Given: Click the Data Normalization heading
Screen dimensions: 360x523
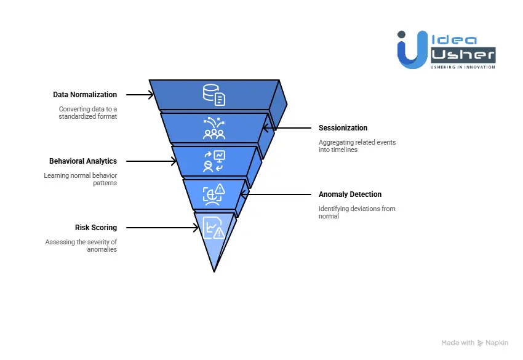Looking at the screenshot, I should (x=84, y=95).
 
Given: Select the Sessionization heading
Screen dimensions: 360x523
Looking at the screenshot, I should (x=343, y=128).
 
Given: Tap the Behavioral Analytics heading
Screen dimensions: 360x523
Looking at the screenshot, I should (x=82, y=161).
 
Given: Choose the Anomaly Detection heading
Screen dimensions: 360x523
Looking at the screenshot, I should (x=349, y=194).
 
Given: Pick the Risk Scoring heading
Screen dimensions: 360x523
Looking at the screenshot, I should (x=96, y=228).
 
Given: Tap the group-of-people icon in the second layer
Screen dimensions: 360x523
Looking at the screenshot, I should (x=214, y=129).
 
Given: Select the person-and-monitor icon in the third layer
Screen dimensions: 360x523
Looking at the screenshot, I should (x=214, y=161).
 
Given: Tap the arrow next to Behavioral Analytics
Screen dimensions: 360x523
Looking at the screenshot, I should (x=151, y=161).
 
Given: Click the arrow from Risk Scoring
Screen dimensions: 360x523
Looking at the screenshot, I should (x=162, y=228).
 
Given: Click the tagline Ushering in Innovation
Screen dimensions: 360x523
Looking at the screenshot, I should (x=463, y=66).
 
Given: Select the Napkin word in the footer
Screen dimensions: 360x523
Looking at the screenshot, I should (x=496, y=343).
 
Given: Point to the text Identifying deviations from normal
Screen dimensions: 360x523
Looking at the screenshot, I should (x=357, y=212).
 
